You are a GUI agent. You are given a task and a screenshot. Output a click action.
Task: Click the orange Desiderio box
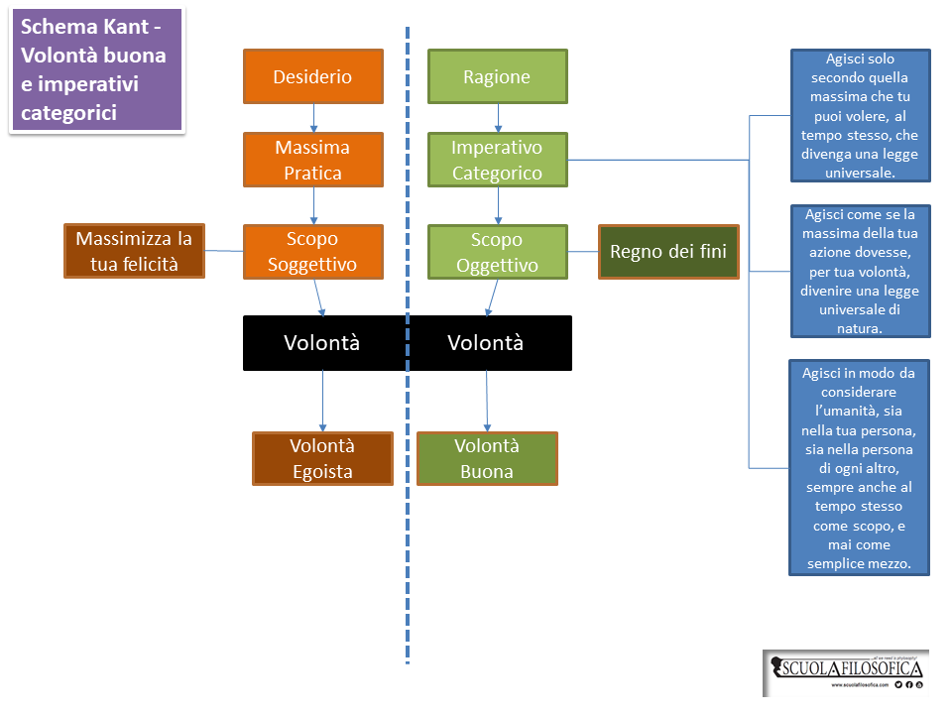point(312,76)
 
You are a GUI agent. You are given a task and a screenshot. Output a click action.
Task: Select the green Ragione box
point(497,76)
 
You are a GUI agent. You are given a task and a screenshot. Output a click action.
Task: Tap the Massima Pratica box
point(312,160)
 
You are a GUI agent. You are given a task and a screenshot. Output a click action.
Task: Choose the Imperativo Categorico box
point(497,160)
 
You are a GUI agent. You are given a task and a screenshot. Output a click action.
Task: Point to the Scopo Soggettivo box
point(312,252)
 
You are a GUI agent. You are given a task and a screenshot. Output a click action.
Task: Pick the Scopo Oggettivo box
point(497,252)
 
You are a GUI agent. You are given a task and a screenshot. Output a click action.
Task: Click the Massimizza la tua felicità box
point(134,251)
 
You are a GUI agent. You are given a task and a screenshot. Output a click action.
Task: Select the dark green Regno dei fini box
point(668,252)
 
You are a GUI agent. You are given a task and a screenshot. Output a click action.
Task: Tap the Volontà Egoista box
point(322,458)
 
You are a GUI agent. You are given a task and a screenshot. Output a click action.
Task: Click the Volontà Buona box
point(487,458)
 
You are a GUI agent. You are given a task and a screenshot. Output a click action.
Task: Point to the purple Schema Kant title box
point(97,69)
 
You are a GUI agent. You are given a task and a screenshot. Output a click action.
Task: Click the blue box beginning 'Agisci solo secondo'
point(860,116)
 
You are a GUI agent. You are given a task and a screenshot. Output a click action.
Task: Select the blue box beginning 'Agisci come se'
point(860,271)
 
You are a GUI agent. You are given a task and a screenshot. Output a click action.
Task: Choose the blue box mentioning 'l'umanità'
point(860,467)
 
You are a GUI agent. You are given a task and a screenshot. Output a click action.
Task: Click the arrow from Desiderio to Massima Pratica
point(313,118)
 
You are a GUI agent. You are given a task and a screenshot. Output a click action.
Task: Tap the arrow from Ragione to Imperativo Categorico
point(498,118)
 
